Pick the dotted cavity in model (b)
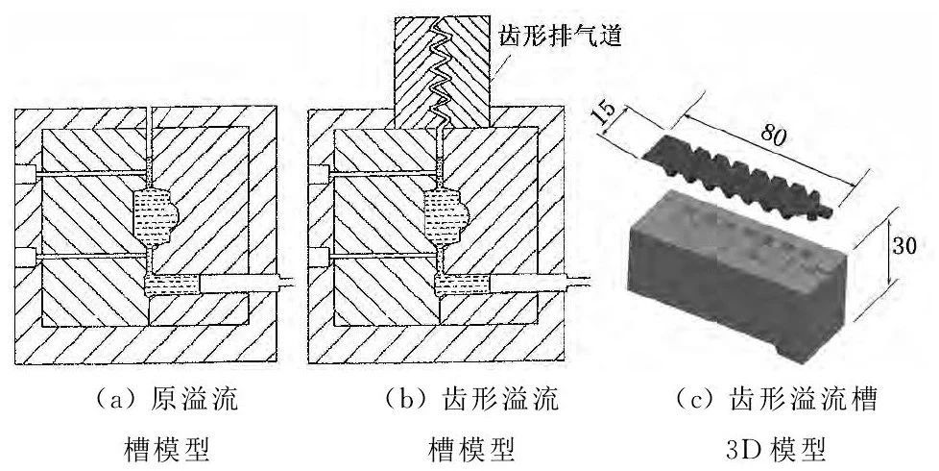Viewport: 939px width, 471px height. click(444, 212)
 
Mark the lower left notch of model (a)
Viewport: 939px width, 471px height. click(26, 258)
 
